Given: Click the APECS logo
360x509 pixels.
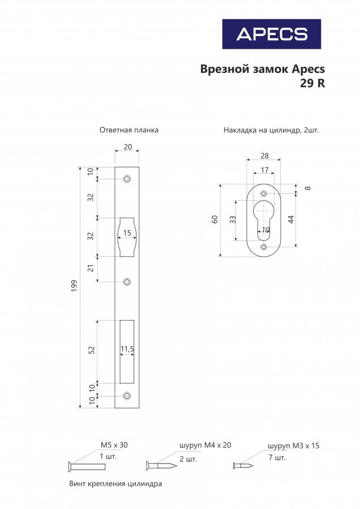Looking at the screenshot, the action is [x=272, y=34].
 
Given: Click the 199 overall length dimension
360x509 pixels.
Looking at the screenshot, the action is [x=74, y=286].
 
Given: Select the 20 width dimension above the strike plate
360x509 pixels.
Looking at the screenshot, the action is [x=128, y=146].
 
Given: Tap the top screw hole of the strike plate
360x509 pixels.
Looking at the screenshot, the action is [x=127, y=179].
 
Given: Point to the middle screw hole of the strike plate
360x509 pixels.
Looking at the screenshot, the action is [x=127, y=282].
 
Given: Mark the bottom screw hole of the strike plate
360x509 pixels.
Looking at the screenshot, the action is [x=127, y=396].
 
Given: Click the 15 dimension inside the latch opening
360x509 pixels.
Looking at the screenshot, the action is [x=127, y=233].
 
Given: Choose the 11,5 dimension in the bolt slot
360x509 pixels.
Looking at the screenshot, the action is [x=127, y=349].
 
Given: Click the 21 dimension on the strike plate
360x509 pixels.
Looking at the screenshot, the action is [x=91, y=268].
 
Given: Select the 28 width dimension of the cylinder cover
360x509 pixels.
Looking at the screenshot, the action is [x=264, y=156].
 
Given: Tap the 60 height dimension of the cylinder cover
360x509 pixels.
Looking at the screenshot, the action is [x=215, y=219].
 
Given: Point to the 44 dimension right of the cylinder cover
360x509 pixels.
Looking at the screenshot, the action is [x=291, y=219].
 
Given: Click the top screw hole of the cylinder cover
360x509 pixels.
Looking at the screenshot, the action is [x=264, y=194].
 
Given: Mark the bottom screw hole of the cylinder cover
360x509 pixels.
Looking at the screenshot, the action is [x=264, y=247].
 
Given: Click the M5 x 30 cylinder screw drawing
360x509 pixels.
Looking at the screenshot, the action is [x=87, y=467].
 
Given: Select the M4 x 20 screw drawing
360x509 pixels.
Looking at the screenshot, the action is [x=161, y=466].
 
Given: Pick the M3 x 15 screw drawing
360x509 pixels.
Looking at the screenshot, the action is [x=243, y=466].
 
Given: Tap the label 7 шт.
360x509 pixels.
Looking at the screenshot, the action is [x=277, y=458].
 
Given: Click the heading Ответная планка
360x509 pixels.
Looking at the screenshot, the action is [x=129, y=130].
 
